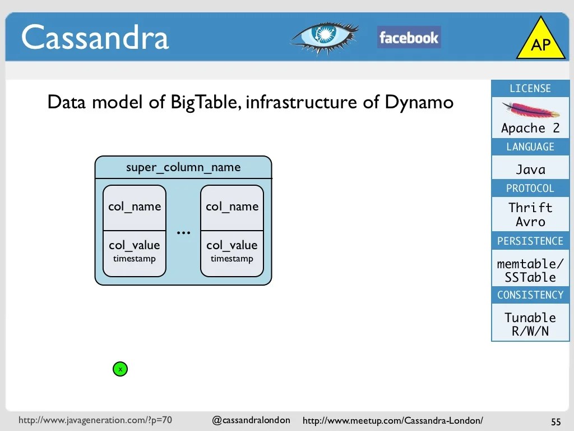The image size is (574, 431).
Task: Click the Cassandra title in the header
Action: point(95,38)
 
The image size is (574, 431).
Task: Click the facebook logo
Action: point(409,38)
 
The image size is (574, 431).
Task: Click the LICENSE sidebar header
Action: point(530,89)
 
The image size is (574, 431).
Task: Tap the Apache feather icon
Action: point(530,110)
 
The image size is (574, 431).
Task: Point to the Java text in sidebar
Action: point(530,169)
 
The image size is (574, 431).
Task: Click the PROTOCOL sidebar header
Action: point(530,188)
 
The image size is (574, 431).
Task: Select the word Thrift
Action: point(530,208)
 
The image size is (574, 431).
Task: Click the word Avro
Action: point(530,222)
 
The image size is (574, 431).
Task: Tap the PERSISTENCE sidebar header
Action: point(530,241)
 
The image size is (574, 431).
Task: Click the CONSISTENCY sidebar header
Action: point(530,295)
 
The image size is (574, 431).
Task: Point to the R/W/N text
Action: point(530,331)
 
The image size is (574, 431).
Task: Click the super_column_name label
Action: point(183,167)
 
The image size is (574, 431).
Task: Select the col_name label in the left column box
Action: point(135,207)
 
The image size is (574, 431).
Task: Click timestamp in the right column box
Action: point(232,259)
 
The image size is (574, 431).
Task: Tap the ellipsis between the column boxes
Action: point(183,232)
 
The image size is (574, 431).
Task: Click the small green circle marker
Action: point(120,369)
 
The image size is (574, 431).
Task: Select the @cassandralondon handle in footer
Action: point(251,420)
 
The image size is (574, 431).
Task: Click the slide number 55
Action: point(556,421)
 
